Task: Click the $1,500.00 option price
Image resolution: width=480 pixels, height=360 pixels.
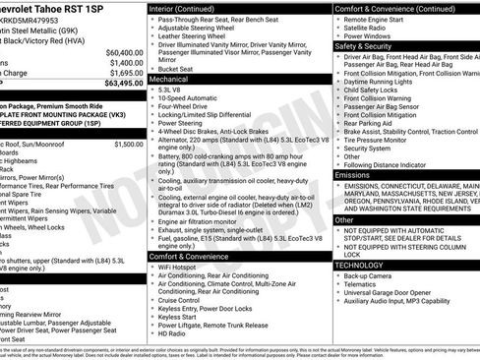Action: click(128, 144)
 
